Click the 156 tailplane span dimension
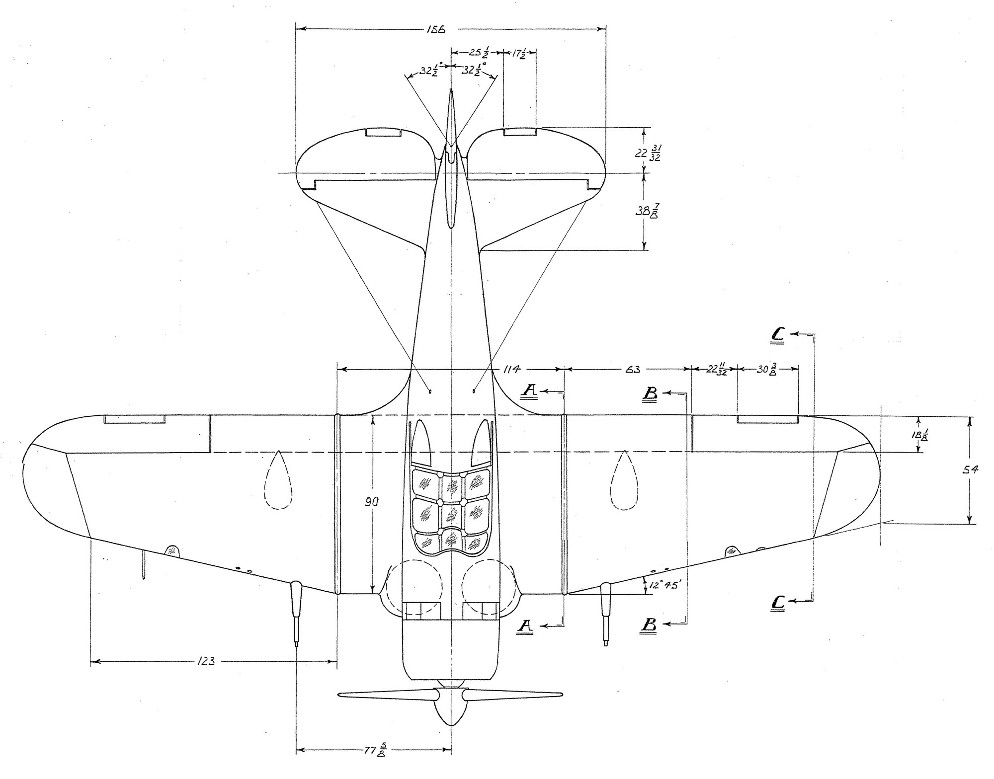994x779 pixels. pos(436,29)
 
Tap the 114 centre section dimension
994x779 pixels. pos(511,369)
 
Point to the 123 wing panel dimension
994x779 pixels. pos(206,661)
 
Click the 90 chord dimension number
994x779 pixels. pos(372,502)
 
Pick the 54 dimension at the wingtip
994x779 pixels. pos(970,469)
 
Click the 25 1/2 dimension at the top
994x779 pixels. pos(479,52)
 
